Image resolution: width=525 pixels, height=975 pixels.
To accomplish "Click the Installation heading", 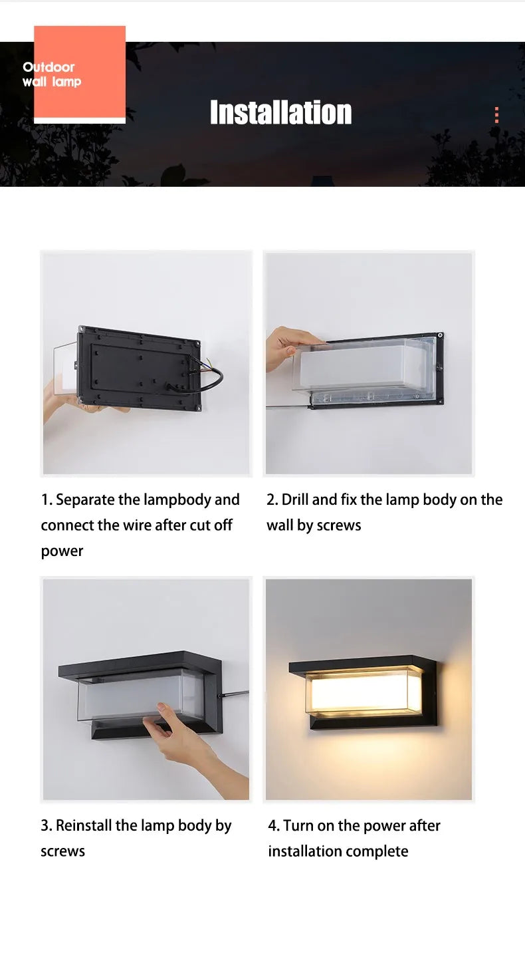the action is pyautogui.click(x=280, y=112).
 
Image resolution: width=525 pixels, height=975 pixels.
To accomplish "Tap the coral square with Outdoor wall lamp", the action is pyautogui.click(x=80, y=72).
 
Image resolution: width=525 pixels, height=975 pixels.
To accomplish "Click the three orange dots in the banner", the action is pyautogui.click(x=496, y=115).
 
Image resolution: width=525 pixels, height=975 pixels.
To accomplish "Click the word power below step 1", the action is pyautogui.click(x=62, y=551).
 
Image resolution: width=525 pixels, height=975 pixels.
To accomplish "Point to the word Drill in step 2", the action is pyautogui.click(x=295, y=499).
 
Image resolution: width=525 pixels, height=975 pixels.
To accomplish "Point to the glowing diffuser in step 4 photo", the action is pyautogui.click(x=364, y=692).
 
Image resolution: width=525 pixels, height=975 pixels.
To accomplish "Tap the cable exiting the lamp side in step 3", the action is pyautogui.click(x=235, y=694).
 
